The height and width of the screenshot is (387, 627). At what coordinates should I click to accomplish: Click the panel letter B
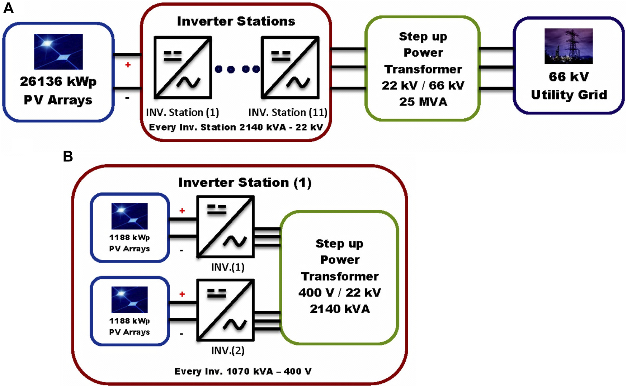[x=68, y=157]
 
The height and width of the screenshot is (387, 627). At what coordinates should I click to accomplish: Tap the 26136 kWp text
[x=58, y=82]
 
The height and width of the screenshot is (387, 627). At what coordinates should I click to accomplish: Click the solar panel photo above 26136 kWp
[x=58, y=52]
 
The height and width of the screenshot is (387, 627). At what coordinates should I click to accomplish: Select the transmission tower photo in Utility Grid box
[x=569, y=46]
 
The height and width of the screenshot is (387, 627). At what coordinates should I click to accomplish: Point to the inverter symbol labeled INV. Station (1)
[x=183, y=67]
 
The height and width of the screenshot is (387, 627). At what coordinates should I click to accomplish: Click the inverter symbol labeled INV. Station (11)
[x=290, y=67]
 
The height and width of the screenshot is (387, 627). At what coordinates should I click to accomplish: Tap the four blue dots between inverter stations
[x=237, y=69]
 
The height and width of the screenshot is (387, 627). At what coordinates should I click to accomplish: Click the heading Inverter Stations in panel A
[x=236, y=21]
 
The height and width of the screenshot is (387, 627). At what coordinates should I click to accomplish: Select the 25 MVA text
[x=423, y=102]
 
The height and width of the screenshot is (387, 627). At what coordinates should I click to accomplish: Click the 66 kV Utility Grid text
[x=569, y=86]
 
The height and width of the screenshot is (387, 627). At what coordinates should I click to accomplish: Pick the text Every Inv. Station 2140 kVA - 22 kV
[x=236, y=127]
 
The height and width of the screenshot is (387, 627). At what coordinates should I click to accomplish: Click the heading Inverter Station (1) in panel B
[x=245, y=183]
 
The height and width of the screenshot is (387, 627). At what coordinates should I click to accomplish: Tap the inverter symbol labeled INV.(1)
[x=226, y=227]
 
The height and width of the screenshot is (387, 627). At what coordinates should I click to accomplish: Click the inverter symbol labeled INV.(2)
[x=226, y=310]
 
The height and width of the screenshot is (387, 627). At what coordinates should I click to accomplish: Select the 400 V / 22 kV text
[x=340, y=293]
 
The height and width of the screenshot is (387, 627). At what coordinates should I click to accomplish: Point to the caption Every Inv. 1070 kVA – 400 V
[x=243, y=371]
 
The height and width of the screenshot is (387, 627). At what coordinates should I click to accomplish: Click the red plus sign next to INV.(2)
[x=182, y=294]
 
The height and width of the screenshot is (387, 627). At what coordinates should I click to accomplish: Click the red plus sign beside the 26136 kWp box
[x=128, y=65]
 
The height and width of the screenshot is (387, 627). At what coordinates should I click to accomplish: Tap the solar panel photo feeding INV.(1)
[x=129, y=216]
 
